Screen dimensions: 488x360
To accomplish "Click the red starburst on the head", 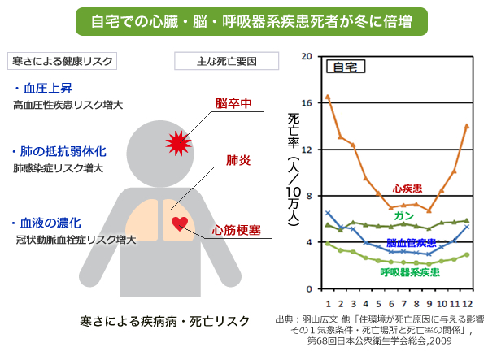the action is (x=178, y=143).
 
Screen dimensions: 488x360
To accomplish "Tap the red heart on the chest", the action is (x=180, y=223).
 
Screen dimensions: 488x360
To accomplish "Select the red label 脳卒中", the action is (x=233, y=103).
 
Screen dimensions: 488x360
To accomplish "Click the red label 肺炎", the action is (x=238, y=160).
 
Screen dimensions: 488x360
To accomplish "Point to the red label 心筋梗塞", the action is (x=237, y=230).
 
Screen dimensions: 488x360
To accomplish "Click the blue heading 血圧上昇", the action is (x=48, y=89).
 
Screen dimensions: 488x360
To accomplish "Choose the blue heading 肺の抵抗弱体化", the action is (x=63, y=152).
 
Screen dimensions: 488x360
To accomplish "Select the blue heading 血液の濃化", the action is (x=50, y=223).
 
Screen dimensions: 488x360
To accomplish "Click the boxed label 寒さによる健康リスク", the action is (x=63, y=61).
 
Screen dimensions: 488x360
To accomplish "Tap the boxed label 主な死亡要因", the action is (x=227, y=61).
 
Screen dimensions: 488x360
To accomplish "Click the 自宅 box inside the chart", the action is (x=346, y=67).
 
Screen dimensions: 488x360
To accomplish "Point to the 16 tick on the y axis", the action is (x=307, y=103).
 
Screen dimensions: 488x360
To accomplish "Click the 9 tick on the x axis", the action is (x=429, y=304).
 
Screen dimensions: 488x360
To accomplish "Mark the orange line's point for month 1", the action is (x=328, y=98).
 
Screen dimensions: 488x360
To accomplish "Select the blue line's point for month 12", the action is (x=467, y=227).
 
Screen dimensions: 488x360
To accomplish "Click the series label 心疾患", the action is (x=407, y=189).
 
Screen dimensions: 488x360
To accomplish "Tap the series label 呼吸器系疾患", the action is (x=410, y=273).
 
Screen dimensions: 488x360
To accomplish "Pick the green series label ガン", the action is (x=404, y=215).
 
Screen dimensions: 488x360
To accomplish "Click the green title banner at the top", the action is (x=251, y=21).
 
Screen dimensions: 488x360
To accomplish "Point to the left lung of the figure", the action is (x=142, y=220).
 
